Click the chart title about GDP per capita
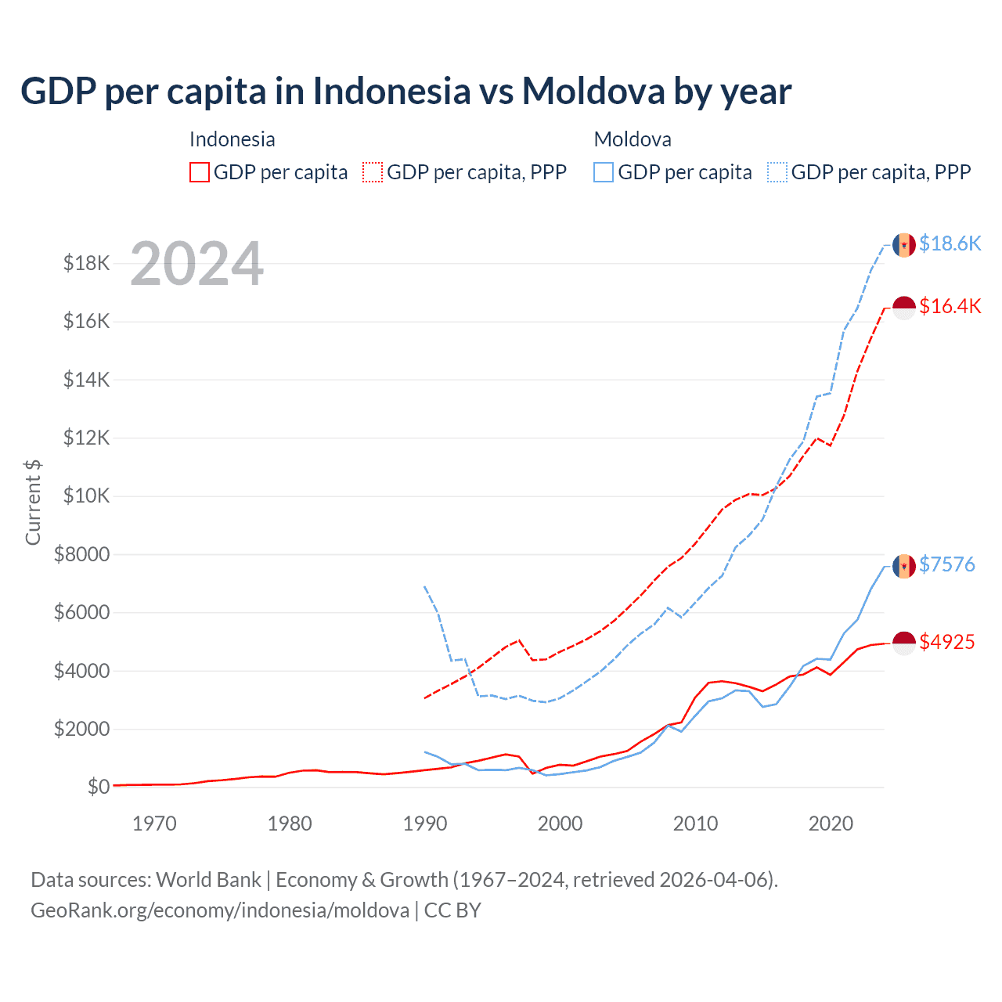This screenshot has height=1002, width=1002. [405, 92]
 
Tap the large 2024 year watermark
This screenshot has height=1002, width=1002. [196, 264]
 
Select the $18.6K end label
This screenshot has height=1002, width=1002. [950, 243]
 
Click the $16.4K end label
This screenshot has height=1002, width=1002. [950, 306]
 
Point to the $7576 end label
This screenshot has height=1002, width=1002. [946, 564]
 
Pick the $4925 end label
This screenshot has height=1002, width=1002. [946, 642]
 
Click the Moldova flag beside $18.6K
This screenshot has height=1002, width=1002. [904, 244]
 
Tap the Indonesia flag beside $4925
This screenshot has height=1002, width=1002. [904, 643]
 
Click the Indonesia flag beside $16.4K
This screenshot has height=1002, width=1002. [904, 307]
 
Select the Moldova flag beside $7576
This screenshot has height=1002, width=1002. [904, 565]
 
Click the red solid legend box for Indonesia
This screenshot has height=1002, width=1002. [200, 172]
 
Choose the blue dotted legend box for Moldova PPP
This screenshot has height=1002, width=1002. [777, 172]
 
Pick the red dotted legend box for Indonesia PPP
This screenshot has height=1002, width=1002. [373, 172]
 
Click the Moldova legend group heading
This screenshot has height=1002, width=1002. [633, 139]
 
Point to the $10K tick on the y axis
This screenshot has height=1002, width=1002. [86, 496]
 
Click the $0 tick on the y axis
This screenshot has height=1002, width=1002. [98, 787]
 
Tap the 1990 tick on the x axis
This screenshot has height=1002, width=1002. [425, 824]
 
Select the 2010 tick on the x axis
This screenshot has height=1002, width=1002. [695, 824]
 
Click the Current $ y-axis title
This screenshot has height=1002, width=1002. [33, 503]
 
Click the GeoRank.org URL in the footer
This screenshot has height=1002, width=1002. [220, 910]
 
